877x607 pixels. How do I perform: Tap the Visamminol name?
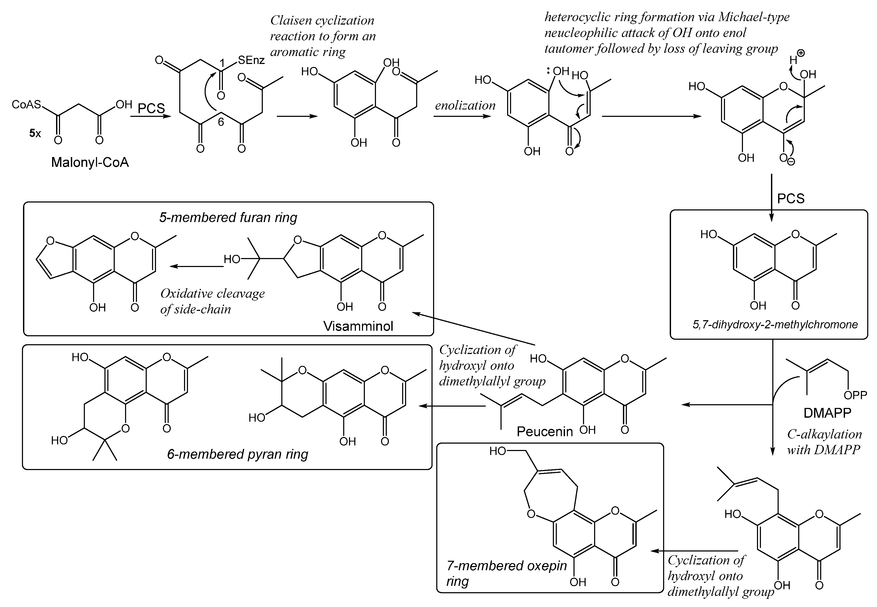point(358,326)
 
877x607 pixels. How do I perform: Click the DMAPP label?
point(827,413)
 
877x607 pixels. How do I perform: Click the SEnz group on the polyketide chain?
point(251,60)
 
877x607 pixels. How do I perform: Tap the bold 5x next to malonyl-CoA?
point(35,133)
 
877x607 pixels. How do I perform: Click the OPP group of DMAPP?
point(855,396)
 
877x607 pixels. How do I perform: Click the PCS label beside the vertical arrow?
point(791,199)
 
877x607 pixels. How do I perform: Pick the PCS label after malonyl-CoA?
point(151,108)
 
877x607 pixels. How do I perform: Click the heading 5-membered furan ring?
point(228,218)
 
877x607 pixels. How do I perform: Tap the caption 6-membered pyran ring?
point(237,454)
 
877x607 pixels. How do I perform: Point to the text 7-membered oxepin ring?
point(506,573)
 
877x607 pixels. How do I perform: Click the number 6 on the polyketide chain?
point(221,122)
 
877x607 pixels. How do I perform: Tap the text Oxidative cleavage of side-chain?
point(212,301)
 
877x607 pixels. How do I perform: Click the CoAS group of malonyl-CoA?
point(26,104)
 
